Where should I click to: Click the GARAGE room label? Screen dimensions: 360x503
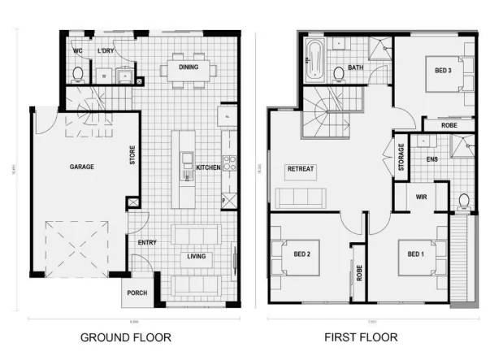point(81,167)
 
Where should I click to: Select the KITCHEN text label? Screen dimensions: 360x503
point(209,167)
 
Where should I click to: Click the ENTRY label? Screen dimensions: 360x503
point(146,242)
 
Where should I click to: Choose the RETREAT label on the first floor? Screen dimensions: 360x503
point(300,169)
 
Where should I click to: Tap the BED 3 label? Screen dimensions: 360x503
point(443,71)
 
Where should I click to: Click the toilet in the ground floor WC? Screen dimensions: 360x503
point(79,75)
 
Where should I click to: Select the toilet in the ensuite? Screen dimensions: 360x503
point(465,200)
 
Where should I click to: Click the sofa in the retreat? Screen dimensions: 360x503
point(299,197)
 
